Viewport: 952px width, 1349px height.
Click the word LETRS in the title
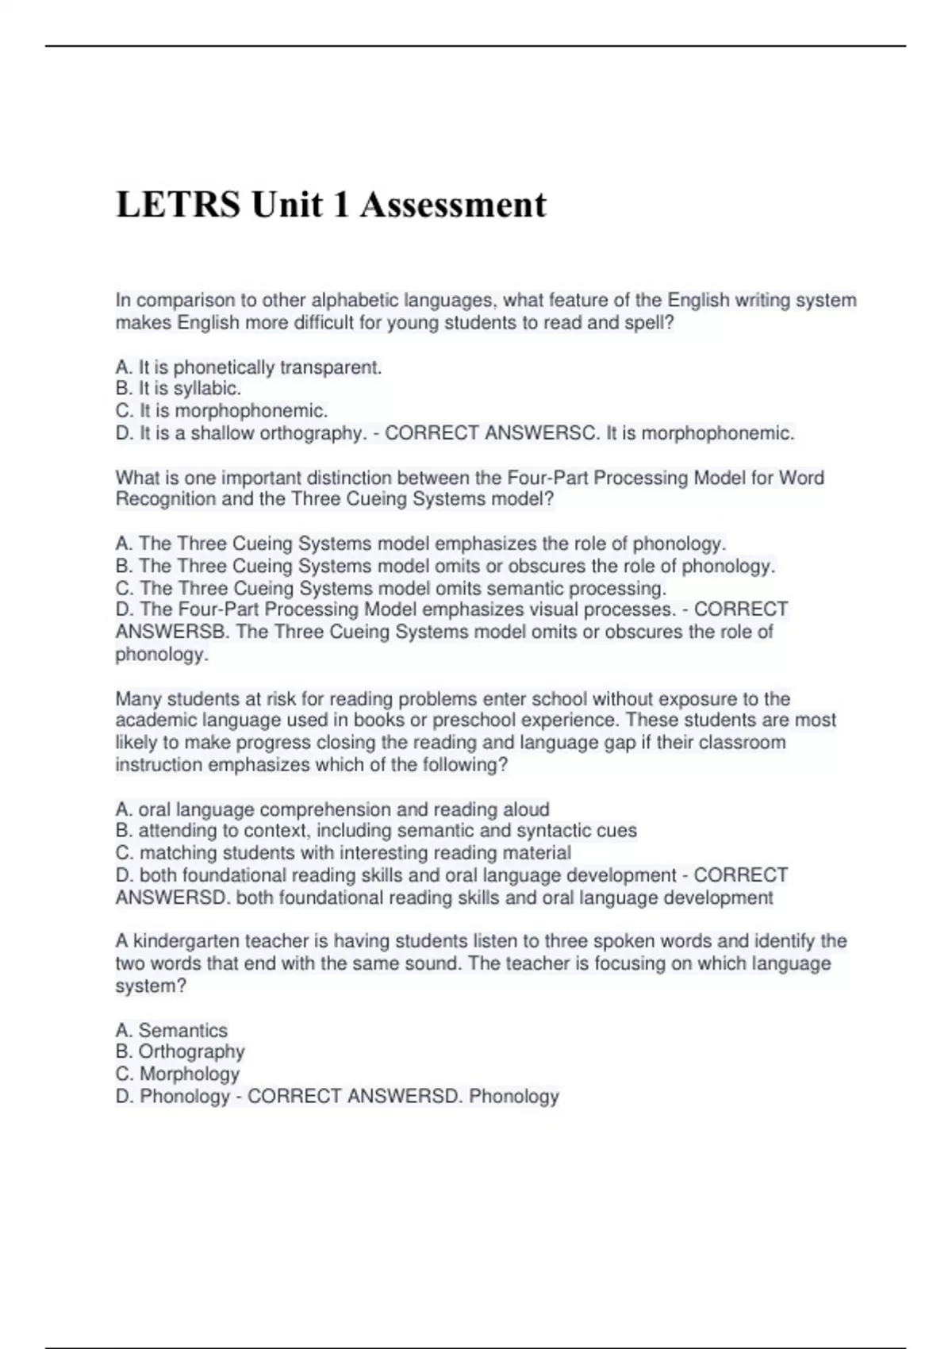pos(178,205)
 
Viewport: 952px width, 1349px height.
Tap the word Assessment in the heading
pos(453,205)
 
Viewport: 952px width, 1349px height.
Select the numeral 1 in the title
pos(340,205)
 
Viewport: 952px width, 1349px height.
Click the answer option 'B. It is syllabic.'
pos(178,389)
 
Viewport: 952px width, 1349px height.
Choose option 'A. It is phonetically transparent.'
pos(248,367)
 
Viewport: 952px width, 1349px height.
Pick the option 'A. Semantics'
pos(171,1030)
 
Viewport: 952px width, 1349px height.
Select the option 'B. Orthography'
pos(180,1051)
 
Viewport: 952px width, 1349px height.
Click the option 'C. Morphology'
pos(178,1074)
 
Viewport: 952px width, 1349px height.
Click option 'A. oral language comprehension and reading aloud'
pos(332,809)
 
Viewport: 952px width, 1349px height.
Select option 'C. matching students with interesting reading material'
pos(344,853)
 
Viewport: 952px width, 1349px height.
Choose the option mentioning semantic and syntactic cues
pos(376,831)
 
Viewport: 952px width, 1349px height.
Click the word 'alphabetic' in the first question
pos(355,301)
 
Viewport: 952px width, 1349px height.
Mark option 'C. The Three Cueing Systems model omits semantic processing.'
pos(391,588)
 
